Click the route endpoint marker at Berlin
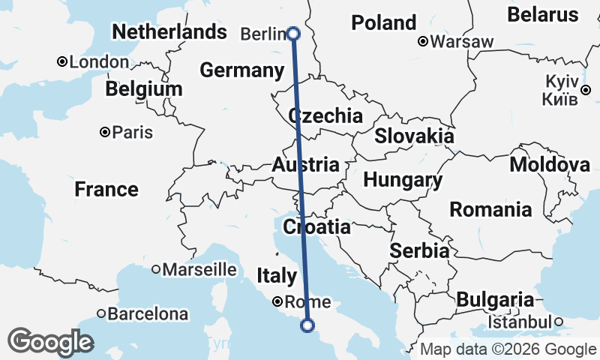[293, 33]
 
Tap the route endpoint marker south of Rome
[307, 325]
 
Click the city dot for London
[63, 62]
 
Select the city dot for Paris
[105, 133]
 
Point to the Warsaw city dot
[423, 41]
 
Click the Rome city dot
[277, 301]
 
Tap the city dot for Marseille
[156, 268]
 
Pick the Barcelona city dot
[101, 313]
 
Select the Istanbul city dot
[558, 322]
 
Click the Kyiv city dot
[586, 90]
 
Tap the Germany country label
[241, 70]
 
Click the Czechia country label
[325, 116]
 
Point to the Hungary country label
[403, 180]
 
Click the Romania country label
[490, 209]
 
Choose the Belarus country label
[543, 14]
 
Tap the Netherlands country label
[169, 31]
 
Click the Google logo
[50, 342]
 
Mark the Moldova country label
[550, 164]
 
